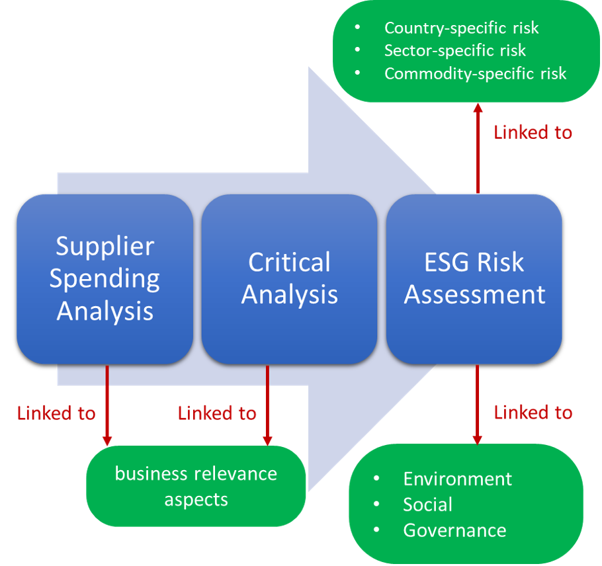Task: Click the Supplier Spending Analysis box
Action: [105, 278]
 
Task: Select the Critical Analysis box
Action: [289, 278]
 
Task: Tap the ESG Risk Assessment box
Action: [474, 278]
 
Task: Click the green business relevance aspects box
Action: [196, 486]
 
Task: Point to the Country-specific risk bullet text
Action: [461, 28]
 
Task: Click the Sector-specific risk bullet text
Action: [455, 50]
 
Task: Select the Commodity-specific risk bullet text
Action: [475, 73]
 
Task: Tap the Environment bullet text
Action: [457, 479]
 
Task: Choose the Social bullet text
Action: [427, 505]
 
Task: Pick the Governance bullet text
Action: [454, 530]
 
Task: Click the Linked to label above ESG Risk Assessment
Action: [533, 132]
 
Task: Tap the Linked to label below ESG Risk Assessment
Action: [533, 413]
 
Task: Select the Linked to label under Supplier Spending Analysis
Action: [56, 414]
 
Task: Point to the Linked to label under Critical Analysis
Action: [217, 414]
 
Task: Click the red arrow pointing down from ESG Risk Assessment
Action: [477, 403]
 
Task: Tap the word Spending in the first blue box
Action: [105, 278]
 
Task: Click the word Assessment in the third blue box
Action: [475, 294]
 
